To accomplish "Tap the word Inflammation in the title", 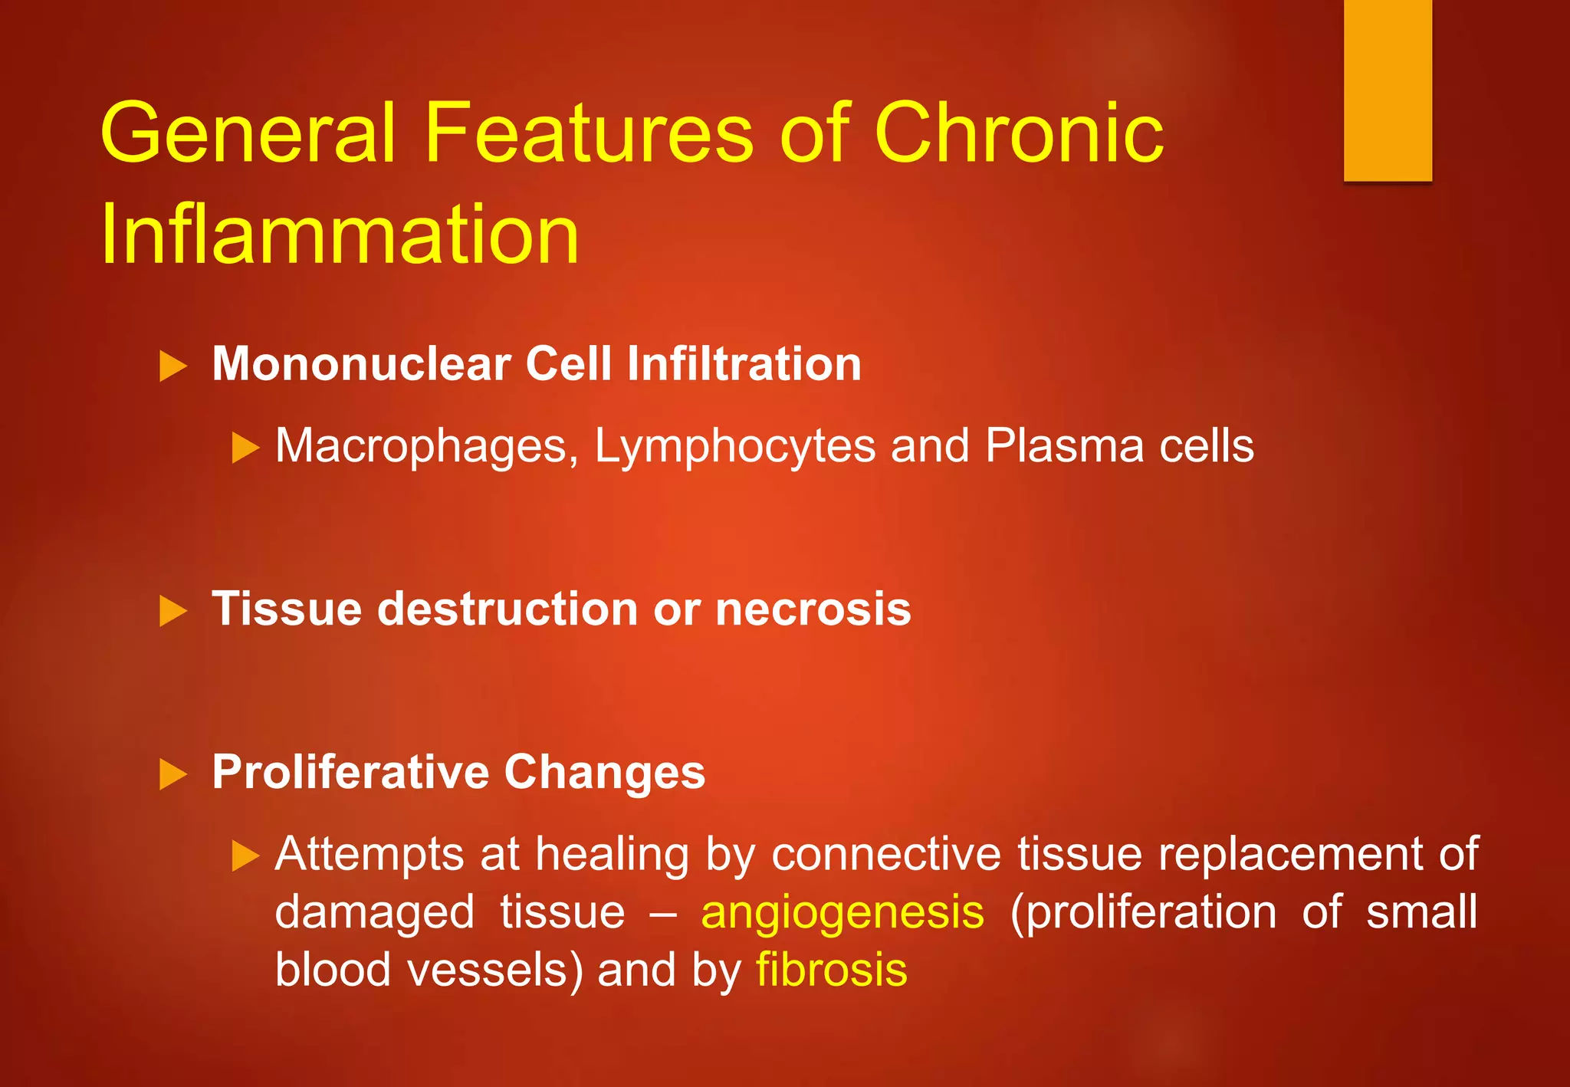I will click(340, 234).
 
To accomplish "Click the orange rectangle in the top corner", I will click(1388, 90).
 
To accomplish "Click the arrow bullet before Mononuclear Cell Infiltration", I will click(173, 366).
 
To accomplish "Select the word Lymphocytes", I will click(734, 446).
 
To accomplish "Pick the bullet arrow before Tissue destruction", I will click(173, 611).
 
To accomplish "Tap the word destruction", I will click(507, 609).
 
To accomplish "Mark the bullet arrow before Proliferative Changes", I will click(173, 774).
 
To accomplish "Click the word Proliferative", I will click(350, 772).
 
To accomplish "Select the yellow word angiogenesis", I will click(842, 913).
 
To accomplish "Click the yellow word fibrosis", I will click(832, 970).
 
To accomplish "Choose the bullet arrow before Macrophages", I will click(245, 448).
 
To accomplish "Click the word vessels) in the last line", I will click(495, 970).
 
